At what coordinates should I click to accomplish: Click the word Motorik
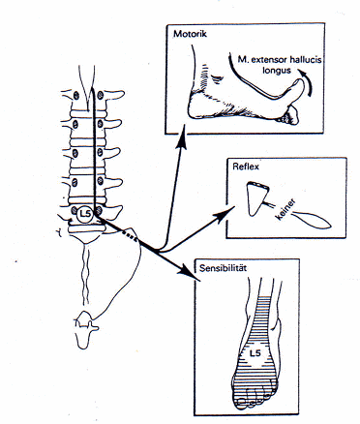click(190, 34)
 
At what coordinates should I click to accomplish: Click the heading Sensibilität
click(223, 268)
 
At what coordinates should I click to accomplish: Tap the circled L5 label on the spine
click(85, 214)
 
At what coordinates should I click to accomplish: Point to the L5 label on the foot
click(255, 353)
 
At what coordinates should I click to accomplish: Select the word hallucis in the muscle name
click(306, 60)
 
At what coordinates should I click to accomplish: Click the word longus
click(277, 70)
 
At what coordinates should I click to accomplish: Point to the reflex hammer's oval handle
click(313, 220)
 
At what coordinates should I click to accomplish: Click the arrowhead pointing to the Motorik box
click(183, 136)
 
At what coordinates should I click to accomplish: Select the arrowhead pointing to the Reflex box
click(225, 214)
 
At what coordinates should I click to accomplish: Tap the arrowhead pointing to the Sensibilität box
click(190, 272)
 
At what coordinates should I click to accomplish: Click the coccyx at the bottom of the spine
click(85, 329)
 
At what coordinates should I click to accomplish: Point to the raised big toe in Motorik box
click(296, 89)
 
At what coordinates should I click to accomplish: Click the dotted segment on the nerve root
click(130, 236)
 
